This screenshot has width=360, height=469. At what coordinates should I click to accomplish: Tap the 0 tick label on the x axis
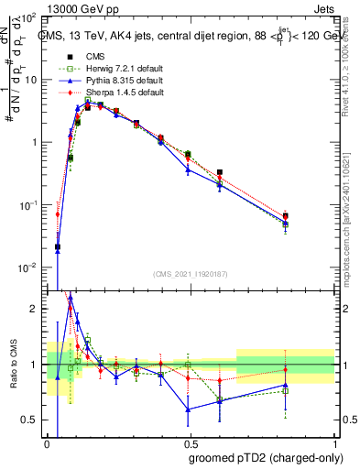point(47,442)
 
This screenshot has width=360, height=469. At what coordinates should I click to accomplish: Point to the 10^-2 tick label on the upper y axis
point(28,267)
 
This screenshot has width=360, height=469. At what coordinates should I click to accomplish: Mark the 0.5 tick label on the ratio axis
point(30,420)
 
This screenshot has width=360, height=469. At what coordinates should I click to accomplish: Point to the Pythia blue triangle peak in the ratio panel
point(71,298)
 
